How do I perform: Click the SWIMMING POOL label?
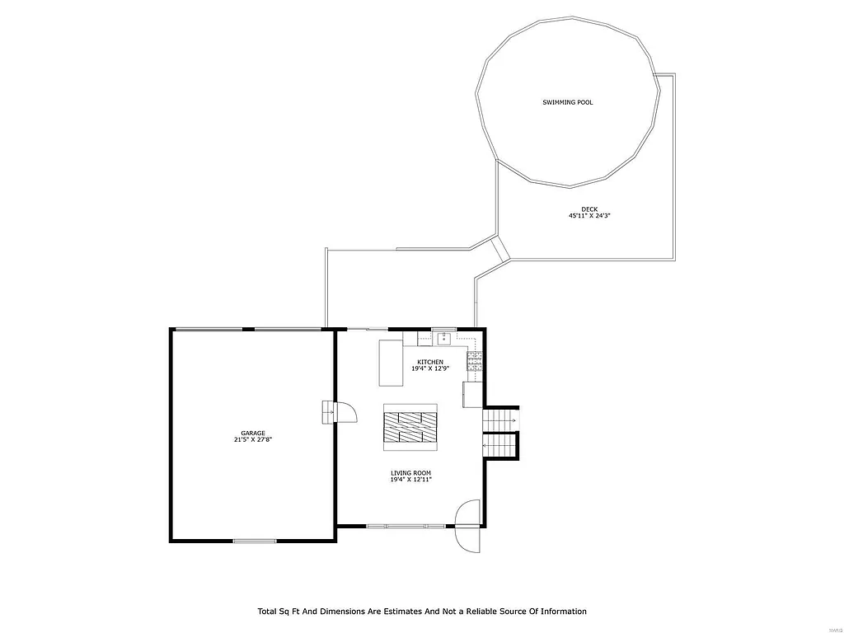point(567,102)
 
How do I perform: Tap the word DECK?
point(588,209)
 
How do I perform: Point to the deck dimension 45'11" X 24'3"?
point(588,216)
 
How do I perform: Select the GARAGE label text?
point(252,433)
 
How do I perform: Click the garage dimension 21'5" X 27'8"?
point(252,440)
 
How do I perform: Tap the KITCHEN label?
point(429,362)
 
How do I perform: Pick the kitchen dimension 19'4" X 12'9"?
point(429,368)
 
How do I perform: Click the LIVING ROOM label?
point(410,473)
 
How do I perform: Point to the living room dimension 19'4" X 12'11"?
point(410,480)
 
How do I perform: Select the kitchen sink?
point(443,337)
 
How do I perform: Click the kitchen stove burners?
point(475,360)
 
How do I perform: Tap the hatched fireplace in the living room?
point(410,427)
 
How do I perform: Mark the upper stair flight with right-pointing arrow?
point(499,420)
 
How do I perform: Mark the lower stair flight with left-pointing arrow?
point(499,445)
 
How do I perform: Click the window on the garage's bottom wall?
point(255,541)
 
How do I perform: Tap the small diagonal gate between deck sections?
point(500,249)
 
